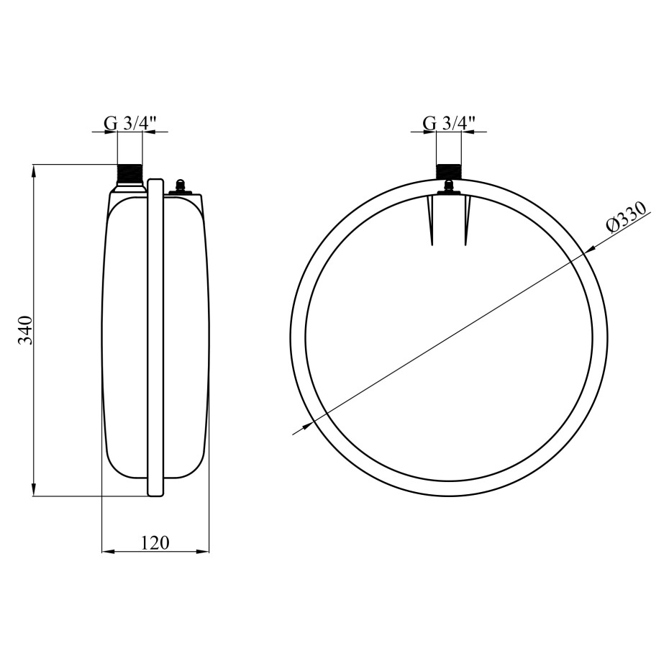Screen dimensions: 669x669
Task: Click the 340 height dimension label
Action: (25, 330)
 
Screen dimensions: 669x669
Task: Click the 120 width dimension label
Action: (155, 542)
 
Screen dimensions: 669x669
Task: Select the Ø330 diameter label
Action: (627, 218)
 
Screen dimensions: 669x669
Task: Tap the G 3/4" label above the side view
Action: (130, 124)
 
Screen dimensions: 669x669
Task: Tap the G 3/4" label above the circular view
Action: (450, 124)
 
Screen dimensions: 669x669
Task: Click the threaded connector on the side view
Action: (129, 175)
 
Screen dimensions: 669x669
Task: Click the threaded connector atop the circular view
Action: (448, 171)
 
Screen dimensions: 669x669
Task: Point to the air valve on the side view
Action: (181, 186)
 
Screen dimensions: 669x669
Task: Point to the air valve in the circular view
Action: (448, 187)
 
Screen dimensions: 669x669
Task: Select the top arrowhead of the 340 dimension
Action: (34, 170)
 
